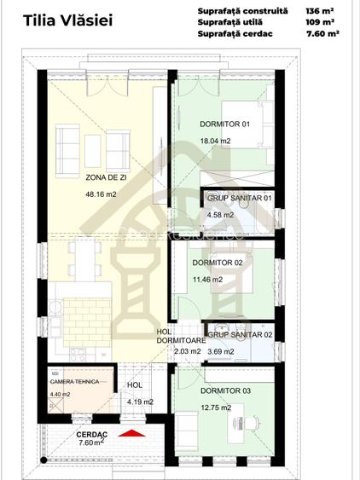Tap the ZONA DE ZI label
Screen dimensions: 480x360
[x=106, y=177]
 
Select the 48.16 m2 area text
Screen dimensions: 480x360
[x=101, y=194]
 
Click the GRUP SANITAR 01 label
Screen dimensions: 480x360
[x=240, y=199]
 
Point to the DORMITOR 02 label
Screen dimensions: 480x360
[x=218, y=263]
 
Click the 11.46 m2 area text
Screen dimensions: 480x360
[x=207, y=279]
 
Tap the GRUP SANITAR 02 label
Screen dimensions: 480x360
[x=241, y=335]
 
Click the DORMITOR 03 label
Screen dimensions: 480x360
[x=225, y=390]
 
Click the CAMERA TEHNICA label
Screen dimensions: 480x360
[x=75, y=381]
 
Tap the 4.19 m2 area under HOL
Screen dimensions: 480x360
[x=140, y=402]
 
